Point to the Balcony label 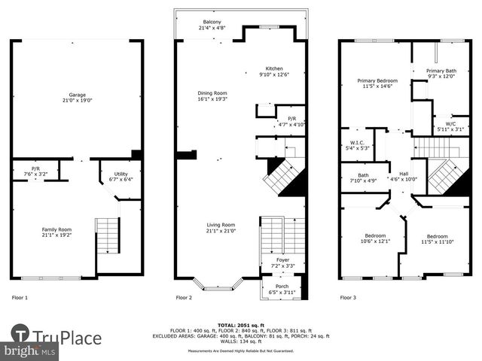(x=212, y=23)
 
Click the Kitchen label (x=273, y=68)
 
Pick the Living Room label (x=222, y=224)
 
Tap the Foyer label (x=282, y=259)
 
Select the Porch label (x=282, y=286)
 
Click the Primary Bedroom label (x=377, y=80)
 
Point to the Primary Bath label (x=441, y=70)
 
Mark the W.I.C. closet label (x=358, y=142)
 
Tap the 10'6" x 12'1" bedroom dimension (x=375, y=241)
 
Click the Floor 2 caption (x=185, y=298)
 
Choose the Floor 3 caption (x=348, y=298)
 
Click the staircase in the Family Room (x=108, y=235)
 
